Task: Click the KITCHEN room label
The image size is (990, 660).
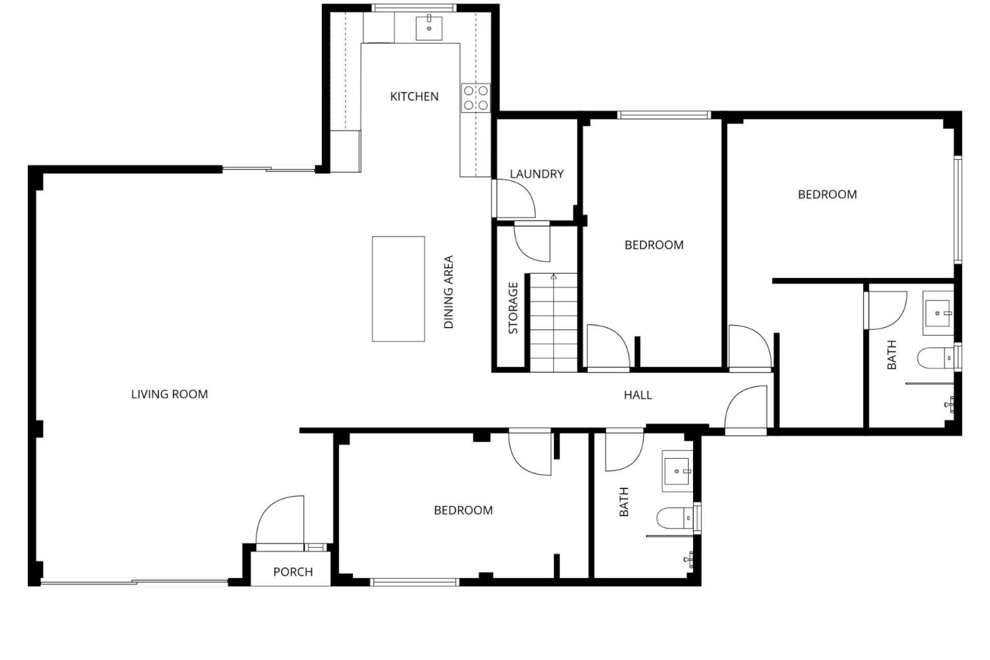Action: [414, 96]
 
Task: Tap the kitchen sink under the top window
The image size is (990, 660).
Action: [429, 28]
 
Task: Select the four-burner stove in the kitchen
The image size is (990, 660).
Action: [475, 98]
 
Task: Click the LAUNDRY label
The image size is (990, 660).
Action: [537, 174]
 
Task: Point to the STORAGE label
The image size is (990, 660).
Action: [513, 308]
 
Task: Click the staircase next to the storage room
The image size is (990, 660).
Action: [553, 322]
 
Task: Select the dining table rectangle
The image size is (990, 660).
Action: [399, 289]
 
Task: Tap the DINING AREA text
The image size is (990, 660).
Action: [449, 292]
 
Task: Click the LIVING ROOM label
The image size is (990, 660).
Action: [170, 394]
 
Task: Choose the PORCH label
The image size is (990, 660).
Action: [293, 572]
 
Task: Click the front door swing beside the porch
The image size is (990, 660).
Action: [280, 520]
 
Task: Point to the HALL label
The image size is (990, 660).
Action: [638, 395]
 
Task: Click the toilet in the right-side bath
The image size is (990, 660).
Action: [936, 357]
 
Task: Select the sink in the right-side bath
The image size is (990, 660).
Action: [938, 313]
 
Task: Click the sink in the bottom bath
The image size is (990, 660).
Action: [678, 471]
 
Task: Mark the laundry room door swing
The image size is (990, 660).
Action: [514, 199]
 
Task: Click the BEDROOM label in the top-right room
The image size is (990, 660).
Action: [828, 194]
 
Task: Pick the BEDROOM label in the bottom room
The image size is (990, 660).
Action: [464, 510]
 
